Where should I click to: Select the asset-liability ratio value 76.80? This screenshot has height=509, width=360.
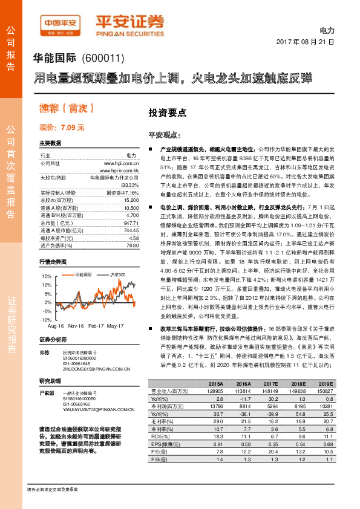tap(133, 229)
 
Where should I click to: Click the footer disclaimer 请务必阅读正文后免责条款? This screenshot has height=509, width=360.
tap(57, 488)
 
